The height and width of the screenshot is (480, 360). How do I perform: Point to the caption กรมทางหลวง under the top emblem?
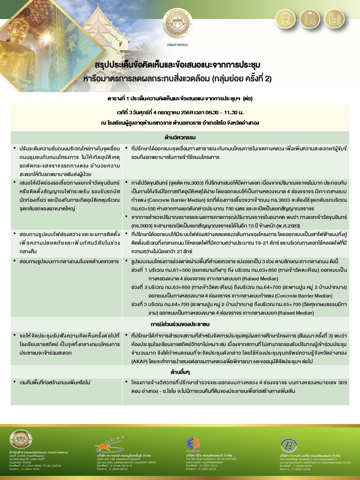[x=177, y=45]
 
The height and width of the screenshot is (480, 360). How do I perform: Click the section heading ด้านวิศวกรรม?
[x=180, y=137]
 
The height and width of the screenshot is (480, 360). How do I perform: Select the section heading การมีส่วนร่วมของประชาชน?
[x=180, y=324]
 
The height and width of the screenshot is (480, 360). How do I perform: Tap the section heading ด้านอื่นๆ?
[x=180, y=372]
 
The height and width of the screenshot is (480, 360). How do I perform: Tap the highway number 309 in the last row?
[x=342, y=382]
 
